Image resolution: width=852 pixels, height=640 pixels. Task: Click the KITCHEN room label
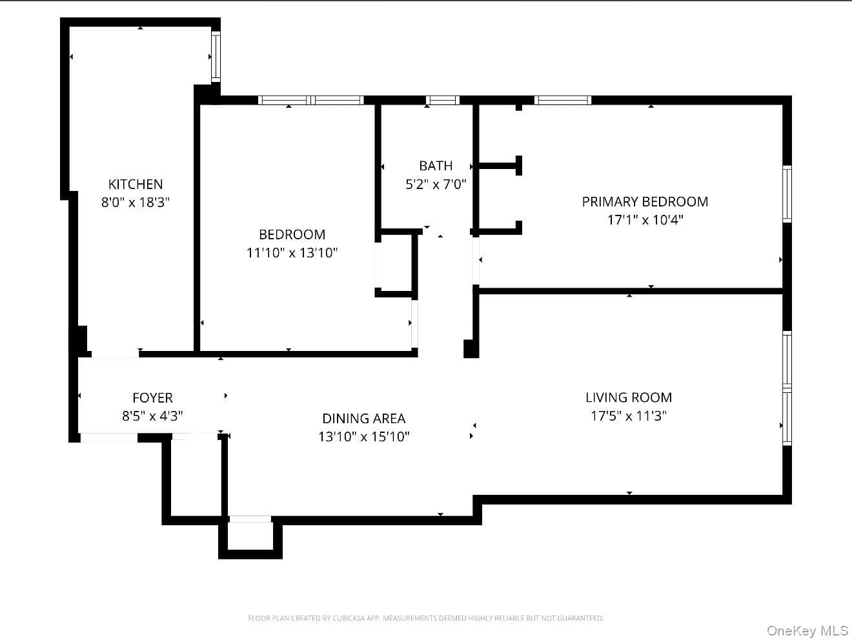(x=136, y=185)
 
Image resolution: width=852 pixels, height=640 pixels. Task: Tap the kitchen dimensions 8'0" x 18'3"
(x=136, y=203)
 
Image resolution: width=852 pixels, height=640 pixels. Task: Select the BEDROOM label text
(x=292, y=235)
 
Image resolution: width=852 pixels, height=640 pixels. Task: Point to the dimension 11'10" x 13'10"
(x=292, y=253)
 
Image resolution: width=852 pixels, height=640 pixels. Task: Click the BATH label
(x=436, y=166)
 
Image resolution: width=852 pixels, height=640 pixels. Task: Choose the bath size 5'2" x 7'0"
(x=436, y=185)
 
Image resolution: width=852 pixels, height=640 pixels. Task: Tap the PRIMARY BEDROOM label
(x=645, y=202)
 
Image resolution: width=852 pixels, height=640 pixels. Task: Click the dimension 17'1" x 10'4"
(x=645, y=220)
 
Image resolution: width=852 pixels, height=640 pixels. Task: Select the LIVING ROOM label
(x=629, y=397)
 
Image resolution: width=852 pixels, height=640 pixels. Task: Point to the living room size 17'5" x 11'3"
(x=629, y=415)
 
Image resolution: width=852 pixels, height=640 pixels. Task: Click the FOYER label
(x=152, y=398)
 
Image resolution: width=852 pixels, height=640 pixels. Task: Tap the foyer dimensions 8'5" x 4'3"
(x=152, y=416)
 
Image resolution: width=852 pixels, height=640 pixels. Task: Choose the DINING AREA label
(x=363, y=419)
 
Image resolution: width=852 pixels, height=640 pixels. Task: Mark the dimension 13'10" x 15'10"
(x=363, y=437)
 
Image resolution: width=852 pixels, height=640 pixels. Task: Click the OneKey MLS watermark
(x=807, y=630)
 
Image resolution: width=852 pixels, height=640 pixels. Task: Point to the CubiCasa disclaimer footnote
(x=426, y=618)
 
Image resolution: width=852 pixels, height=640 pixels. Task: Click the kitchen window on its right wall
(x=216, y=57)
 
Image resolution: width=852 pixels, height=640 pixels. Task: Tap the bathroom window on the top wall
(x=443, y=100)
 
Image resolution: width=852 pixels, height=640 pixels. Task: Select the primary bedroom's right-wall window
(x=787, y=194)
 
